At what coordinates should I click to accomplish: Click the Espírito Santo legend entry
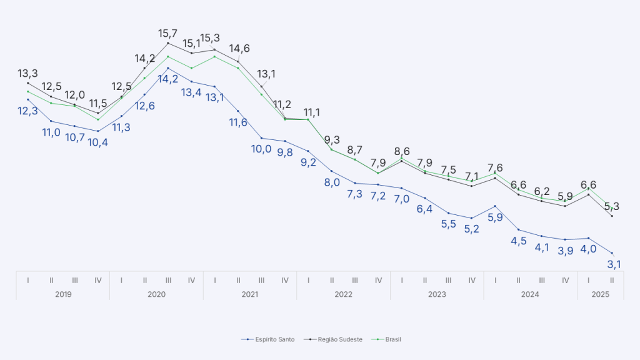pos(268,339)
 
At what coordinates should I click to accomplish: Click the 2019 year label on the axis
pos(62,294)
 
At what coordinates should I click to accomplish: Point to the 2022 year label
pos(343,294)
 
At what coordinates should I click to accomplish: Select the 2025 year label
pos(600,294)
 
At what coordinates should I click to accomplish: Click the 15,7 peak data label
pos(168,33)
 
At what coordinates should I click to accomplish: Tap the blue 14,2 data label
pos(168,79)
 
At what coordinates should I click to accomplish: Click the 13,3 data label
pos(27,74)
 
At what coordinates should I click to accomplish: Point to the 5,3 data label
pos(613,206)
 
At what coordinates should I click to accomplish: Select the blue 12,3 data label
pos(27,111)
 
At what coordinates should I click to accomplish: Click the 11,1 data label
pos(312,112)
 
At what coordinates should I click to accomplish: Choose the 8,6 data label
pos(402,151)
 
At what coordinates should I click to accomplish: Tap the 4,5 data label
pos(519,241)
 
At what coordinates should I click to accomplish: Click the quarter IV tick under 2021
pos(285,280)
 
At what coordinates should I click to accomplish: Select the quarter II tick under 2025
pos(612,280)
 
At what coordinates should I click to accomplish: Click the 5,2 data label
pos(472,229)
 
